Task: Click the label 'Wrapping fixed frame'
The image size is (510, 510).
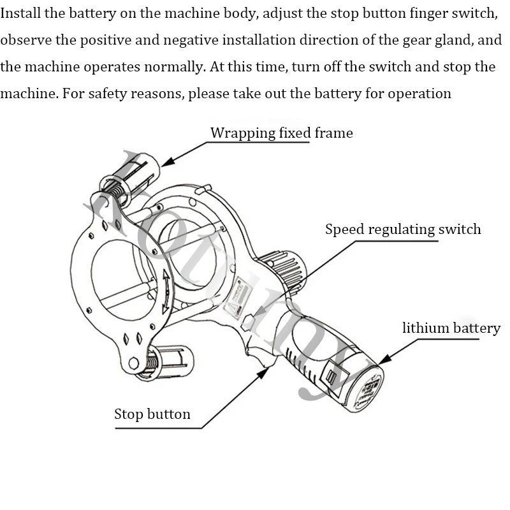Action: point(281,133)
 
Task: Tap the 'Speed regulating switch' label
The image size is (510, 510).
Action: point(403,229)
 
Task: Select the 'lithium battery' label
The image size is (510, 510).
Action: point(451,328)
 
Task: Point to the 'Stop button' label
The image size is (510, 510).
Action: point(152,414)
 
